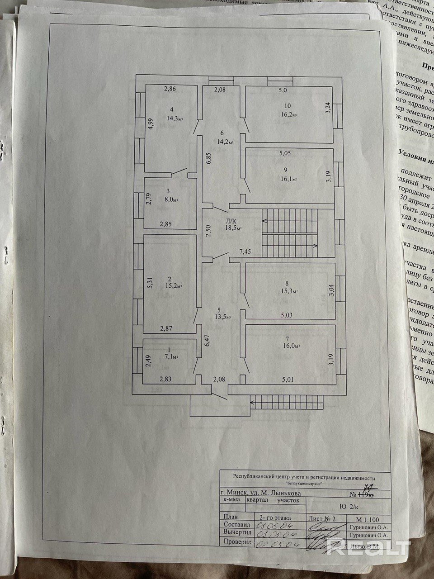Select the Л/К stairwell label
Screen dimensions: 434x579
click(x=231, y=221)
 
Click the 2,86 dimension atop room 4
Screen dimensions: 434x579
click(x=170, y=89)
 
